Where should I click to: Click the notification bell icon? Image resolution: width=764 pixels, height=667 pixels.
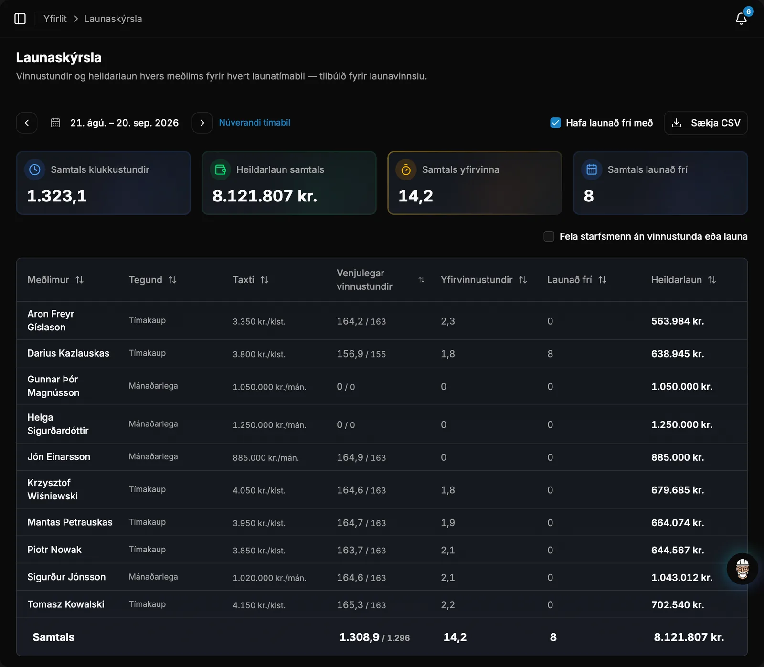coord(741,19)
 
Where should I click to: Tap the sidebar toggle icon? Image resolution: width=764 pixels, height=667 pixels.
coord(20,19)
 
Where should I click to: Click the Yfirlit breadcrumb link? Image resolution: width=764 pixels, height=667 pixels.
coord(55,19)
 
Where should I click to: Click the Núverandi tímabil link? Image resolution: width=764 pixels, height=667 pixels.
coord(255,123)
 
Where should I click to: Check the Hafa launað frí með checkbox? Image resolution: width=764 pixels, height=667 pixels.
coord(555,123)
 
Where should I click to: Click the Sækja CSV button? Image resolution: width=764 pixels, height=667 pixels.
coord(706,123)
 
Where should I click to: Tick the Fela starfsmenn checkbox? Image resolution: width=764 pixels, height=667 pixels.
coord(549,236)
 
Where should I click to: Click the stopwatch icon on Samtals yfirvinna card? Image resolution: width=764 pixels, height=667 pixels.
coord(406,169)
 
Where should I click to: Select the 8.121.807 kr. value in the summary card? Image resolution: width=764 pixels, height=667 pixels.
coord(265,196)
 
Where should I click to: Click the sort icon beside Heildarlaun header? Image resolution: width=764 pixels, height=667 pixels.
coord(712,280)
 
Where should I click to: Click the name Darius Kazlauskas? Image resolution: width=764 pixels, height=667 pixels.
coord(68,353)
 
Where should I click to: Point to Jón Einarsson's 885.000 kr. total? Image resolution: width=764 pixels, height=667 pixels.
coord(678,457)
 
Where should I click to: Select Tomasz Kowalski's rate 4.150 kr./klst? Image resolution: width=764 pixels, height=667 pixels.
coord(259,605)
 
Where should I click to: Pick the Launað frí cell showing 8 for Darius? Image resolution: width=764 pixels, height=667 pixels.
coord(550,354)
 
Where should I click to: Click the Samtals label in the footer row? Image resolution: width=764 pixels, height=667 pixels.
coord(53,637)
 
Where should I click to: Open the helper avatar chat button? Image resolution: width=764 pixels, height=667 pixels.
coord(743,569)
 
